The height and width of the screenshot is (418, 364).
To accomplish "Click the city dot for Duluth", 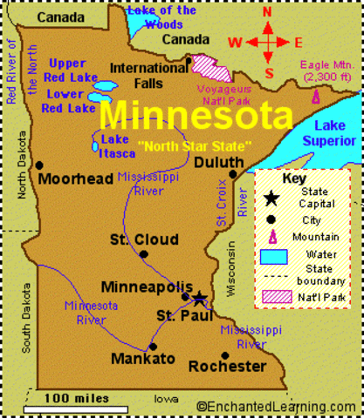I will [x=234, y=174].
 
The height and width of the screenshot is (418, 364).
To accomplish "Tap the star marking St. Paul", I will [x=199, y=299].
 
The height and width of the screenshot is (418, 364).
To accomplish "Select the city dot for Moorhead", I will [x=39, y=164].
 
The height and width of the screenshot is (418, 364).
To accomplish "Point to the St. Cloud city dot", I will [x=143, y=254].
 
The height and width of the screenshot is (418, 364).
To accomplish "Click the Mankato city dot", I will [x=153, y=346].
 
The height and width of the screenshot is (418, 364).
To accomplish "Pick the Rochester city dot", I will [x=225, y=354].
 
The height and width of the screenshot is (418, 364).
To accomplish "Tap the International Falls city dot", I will [x=189, y=59].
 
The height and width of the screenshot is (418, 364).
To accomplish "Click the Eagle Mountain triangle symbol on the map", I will [x=317, y=96].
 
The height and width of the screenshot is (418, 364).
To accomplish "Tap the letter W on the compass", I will [x=235, y=42].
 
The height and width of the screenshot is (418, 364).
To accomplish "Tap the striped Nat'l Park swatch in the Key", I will [x=272, y=295].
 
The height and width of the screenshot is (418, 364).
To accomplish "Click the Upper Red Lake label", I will [x=67, y=70].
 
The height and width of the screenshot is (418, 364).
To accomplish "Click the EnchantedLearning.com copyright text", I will [x=276, y=407].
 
